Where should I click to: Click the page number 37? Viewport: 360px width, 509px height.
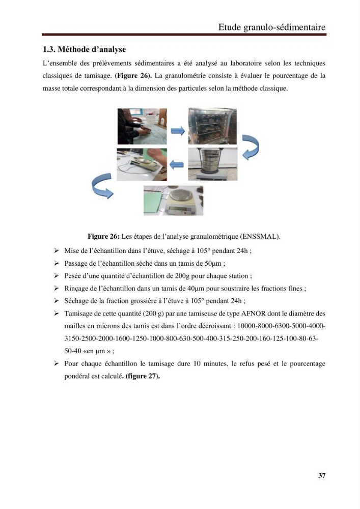(x=322, y=475)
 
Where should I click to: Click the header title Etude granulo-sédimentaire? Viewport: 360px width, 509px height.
(x=272, y=27)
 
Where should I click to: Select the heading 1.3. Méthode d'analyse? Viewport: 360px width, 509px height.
(x=85, y=49)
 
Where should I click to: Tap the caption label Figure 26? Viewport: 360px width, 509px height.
(x=104, y=236)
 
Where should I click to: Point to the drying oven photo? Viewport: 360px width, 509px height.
(x=212, y=126)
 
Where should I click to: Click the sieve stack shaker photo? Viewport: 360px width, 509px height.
(x=213, y=164)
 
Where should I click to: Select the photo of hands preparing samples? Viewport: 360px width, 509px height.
(x=142, y=126)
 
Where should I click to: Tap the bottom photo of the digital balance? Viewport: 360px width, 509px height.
(x=173, y=201)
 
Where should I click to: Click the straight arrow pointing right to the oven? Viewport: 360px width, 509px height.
(x=178, y=131)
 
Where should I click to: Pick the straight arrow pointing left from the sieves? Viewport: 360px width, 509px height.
(x=177, y=164)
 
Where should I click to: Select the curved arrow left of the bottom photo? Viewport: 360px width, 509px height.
(x=101, y=185)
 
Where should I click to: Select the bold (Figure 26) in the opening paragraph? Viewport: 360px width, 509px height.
(x=133, y=76)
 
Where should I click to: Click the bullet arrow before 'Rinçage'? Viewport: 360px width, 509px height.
(x=57, y=288)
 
